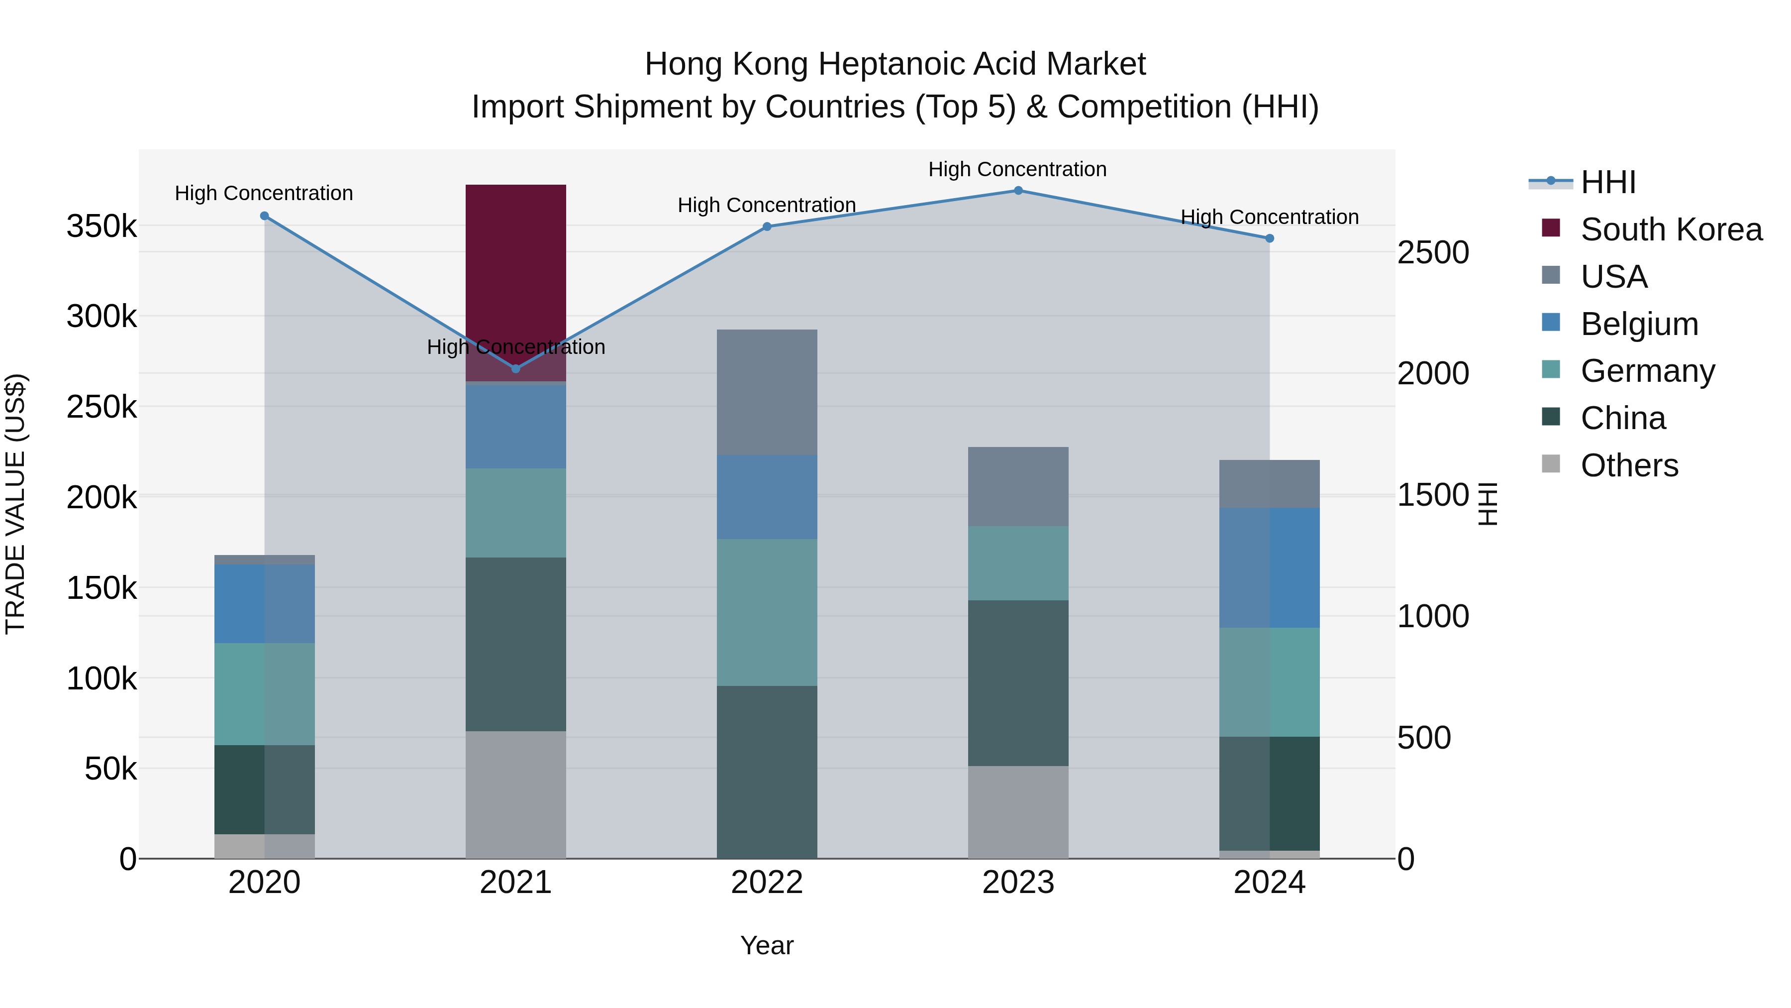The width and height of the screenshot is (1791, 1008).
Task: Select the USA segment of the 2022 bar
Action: tap(766, 392)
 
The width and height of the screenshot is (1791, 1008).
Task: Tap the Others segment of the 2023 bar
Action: tap(1018, 812)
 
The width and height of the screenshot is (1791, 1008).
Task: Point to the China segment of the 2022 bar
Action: tap(766, 772)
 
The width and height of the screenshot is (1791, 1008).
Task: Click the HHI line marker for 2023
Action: tap(1018, 191)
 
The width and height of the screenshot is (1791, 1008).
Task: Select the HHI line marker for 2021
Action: tap(515, 369)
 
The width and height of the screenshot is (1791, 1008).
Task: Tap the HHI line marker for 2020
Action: tap(264, 217)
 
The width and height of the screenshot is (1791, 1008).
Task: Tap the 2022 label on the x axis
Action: tap(766, 883)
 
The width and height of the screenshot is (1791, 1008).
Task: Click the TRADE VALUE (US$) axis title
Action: tap(15, 504)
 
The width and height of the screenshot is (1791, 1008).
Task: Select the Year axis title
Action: tap(766, 945)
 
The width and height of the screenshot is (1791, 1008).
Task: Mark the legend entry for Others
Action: tap(1629, 465)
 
